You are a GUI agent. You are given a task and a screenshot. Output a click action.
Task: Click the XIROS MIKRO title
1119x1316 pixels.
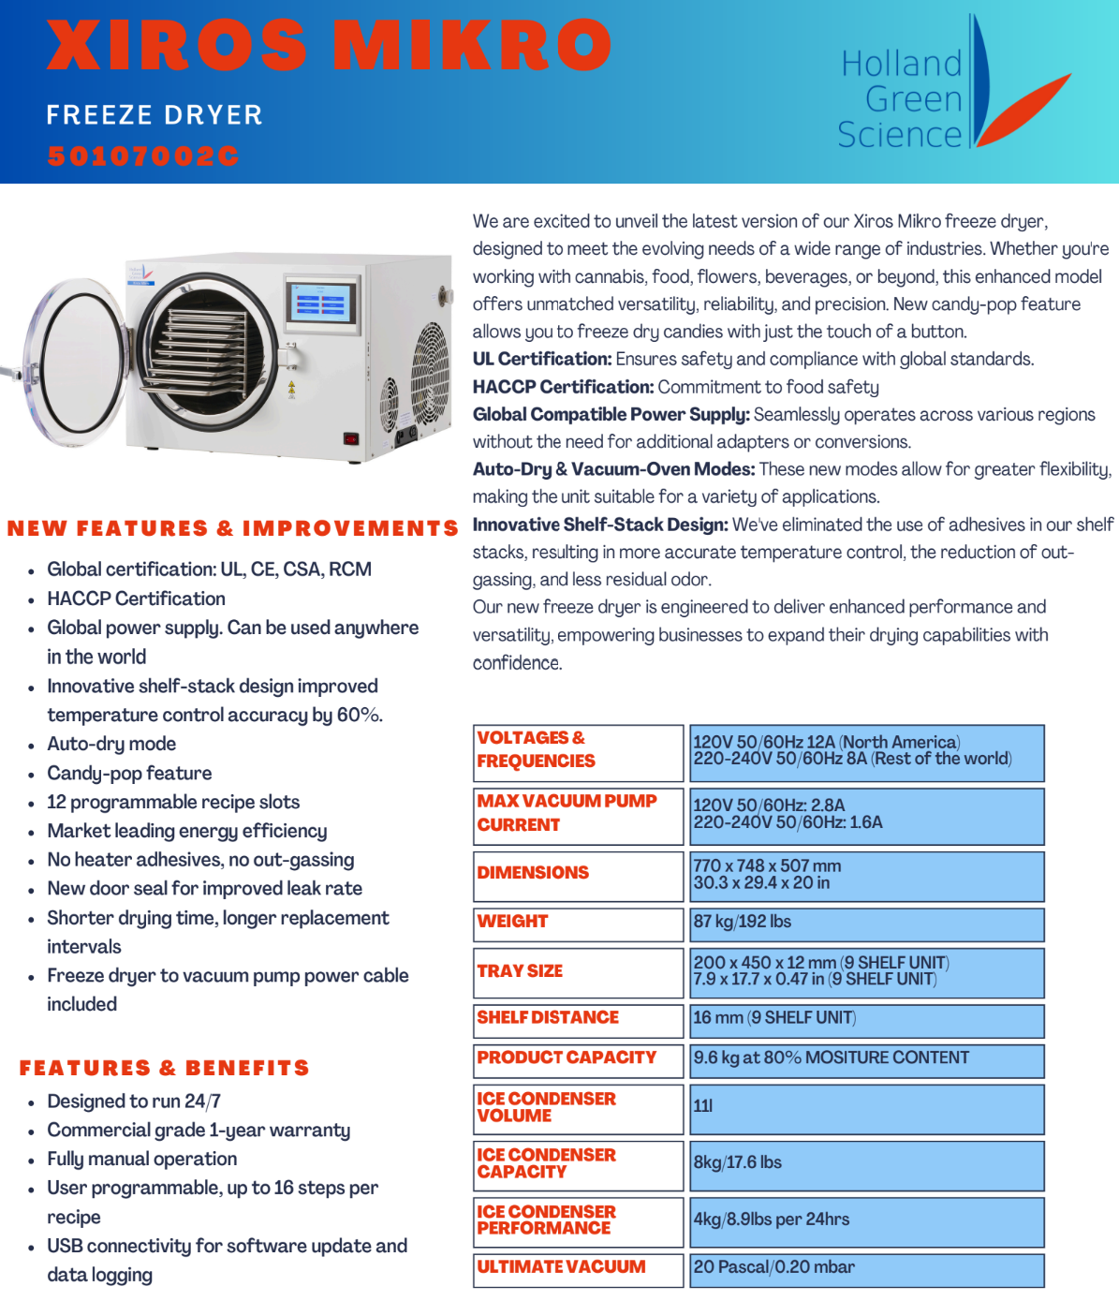coord(328,44)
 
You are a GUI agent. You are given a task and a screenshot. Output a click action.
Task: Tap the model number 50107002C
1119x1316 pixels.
coord(143,155)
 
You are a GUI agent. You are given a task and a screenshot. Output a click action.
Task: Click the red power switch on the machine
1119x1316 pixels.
coord(351,438)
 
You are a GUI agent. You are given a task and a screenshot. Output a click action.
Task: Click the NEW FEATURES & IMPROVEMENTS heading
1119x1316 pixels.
coord(232,528)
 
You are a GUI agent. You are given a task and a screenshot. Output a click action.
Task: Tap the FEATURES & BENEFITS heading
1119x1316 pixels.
coord(164,1068)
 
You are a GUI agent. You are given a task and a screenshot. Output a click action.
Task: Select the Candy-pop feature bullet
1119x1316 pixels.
coord(129,773)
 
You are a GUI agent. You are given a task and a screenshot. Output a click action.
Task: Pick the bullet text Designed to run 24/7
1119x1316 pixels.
coord(134,1102)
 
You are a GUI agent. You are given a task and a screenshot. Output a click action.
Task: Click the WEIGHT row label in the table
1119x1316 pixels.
coord(513,922)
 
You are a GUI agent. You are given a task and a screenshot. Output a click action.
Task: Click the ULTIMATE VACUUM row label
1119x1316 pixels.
coord(561,1267)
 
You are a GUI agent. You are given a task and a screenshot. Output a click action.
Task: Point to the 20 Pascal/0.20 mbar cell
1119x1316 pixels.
coord(773,1267)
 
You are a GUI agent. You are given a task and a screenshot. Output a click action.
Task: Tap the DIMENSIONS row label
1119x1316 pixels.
coord(533,873)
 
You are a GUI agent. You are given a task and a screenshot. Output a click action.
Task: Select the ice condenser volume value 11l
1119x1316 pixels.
coord(702,1106)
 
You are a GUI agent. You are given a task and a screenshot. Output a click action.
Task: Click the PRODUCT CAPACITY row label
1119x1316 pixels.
coord(567,1057)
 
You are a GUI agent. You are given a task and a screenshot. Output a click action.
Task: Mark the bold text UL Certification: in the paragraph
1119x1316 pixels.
coord(542,359)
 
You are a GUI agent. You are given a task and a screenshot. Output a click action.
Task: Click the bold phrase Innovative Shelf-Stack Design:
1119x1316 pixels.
coord(600,525)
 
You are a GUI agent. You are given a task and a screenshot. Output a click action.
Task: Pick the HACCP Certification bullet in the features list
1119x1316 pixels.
coord(136,599)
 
